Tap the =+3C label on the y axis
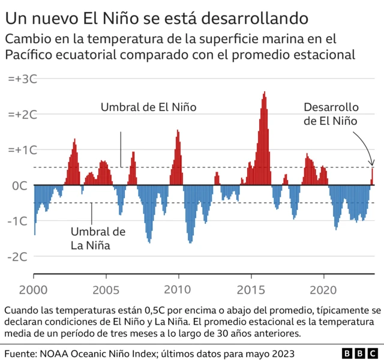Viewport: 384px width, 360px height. click(x=22, y=79)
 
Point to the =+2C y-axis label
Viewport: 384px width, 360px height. click(x=22, y=115)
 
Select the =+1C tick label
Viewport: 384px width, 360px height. click(x=22, y=150)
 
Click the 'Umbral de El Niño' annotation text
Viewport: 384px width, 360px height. click(x=148, y=108)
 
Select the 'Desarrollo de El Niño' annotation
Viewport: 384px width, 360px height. click(x=331, y=114)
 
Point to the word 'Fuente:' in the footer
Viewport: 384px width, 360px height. click(x=22, y=353)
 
